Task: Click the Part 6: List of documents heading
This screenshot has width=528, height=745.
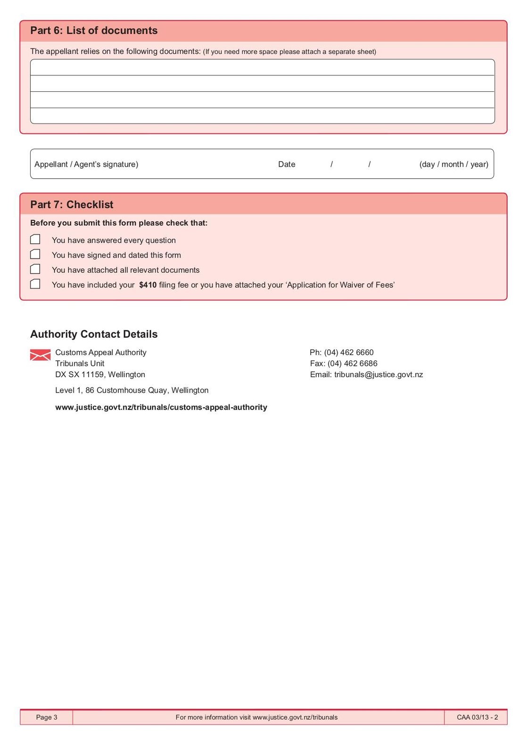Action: (x=94, y=31)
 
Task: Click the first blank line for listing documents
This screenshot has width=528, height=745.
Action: (x=262, y=68)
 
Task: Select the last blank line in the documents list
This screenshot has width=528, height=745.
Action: (x=262, y=116)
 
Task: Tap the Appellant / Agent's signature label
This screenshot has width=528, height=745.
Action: (x=86, y=164)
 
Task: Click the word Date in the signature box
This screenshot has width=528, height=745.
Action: (x=287, y=164)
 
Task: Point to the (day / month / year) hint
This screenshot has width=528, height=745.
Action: (x=454, y=164)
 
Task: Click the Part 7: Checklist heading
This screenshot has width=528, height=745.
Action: (x=72, y=205)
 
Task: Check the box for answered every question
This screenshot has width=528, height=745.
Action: (x=35, y=240)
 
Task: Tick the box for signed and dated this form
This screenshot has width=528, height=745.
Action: (x=35, y=254)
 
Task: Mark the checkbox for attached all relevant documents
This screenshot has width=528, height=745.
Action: (x=35, y=269)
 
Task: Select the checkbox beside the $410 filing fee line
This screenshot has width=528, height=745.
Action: (x=35, y=284)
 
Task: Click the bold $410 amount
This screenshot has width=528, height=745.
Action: (x=148, y=285)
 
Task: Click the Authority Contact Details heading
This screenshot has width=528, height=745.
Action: (x=94, y=334)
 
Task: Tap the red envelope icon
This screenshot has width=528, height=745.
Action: (x=40, y=355)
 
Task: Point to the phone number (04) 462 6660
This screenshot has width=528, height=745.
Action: (x=349, y=353)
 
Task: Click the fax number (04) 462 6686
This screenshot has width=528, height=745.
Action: (x=353, y=364)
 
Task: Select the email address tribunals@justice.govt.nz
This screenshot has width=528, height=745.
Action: (x=379, y=375)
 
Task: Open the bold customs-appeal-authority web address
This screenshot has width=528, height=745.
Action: (x=161, y=407)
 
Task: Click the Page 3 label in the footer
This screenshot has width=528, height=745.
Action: (x=47, y=717)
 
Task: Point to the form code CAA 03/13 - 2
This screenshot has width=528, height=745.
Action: (x=477, y=717)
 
